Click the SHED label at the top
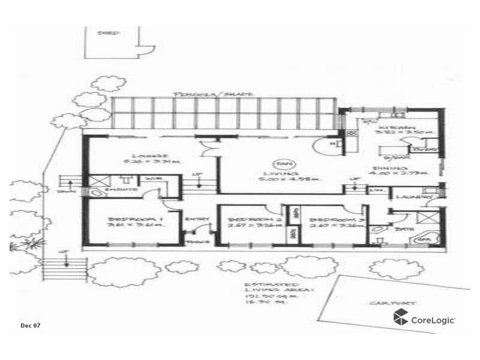click(109, 33)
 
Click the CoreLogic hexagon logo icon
click(401, 318)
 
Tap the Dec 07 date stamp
click(30, 325)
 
